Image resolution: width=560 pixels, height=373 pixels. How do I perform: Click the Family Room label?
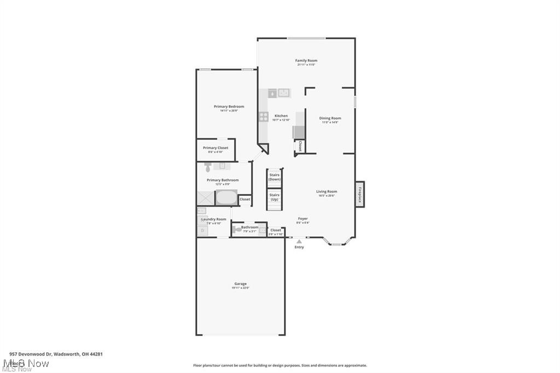[306, 61]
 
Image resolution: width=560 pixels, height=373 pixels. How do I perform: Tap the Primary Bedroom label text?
[229, 107]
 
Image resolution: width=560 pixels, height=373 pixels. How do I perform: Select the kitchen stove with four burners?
[264, 116]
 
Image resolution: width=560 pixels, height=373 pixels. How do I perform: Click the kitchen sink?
[284, 93]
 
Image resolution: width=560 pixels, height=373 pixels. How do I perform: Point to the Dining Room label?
[330, 118]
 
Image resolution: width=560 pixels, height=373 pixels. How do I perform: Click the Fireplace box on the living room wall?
[360, 195]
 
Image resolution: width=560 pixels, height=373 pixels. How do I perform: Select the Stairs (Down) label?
[275, 177]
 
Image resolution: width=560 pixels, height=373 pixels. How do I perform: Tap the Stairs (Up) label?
[275, 197]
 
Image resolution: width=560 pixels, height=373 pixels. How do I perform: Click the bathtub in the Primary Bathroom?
[225, 197]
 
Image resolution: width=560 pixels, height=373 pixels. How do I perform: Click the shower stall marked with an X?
[206, 198]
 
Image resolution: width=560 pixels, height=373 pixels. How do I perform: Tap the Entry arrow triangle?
[299, 241]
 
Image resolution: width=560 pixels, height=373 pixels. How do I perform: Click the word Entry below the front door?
[299, 247]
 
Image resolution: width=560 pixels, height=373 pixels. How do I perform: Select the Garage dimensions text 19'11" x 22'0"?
[241, 288]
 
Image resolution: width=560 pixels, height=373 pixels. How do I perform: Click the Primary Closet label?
[215, 148]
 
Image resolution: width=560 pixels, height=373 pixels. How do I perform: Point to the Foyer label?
[302, 219]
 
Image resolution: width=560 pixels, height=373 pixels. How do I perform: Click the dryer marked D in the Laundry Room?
[202, 231]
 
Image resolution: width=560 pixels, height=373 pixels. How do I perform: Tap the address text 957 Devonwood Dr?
[33, 354]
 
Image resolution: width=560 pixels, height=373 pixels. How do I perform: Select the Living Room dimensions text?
[326, 195]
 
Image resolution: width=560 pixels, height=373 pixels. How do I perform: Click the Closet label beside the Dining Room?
[300, 145]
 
